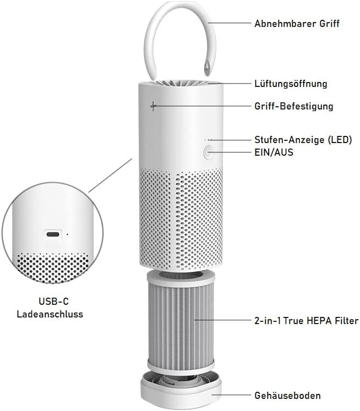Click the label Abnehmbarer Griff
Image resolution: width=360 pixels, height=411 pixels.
tap(297, 24)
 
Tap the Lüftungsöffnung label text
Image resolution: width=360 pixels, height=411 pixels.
tap(291, 84)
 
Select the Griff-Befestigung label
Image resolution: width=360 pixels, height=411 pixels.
tap(293, 106)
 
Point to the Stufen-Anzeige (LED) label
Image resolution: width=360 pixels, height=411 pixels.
tap(303, 139)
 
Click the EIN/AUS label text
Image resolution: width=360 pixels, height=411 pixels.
tap(274, 152)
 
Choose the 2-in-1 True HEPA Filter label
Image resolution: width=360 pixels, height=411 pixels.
tap(306, 321)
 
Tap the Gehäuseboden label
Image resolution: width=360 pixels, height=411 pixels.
tap(287, 395)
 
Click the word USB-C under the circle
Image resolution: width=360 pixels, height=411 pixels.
tap(53, 301)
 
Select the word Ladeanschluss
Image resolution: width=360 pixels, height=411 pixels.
tap(50, 314)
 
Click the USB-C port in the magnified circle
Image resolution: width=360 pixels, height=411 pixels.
tap(53, 233)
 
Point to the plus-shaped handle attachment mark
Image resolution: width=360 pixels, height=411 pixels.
tap(153, 106)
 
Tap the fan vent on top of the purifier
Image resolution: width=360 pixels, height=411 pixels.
tap(181, 84)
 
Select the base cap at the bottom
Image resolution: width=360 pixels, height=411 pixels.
tap(181, 388)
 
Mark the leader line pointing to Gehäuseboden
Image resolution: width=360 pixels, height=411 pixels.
tap(231, 395)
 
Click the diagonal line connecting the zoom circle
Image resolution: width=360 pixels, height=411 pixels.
tap(110, 175)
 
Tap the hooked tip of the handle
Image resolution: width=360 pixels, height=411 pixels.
tap(207, 67)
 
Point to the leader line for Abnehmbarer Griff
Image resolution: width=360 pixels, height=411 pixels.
tap(230, 23)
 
